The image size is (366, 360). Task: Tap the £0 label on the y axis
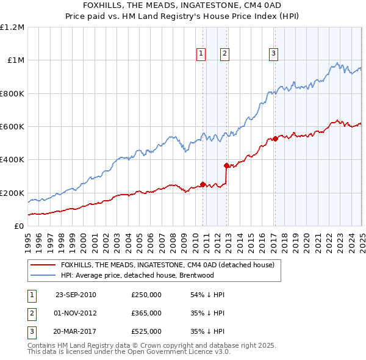point(20,226)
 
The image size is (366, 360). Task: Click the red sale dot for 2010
point(203,184)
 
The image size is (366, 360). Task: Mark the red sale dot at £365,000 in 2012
point(226,165)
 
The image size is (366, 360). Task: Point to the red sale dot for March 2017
point(275,139)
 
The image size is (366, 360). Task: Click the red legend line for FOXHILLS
point(43,265)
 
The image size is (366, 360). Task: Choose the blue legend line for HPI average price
point(43,275)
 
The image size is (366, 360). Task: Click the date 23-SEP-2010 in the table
point(76,295)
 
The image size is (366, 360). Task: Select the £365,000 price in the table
point(146,313)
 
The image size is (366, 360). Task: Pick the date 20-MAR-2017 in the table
point(76,331)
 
